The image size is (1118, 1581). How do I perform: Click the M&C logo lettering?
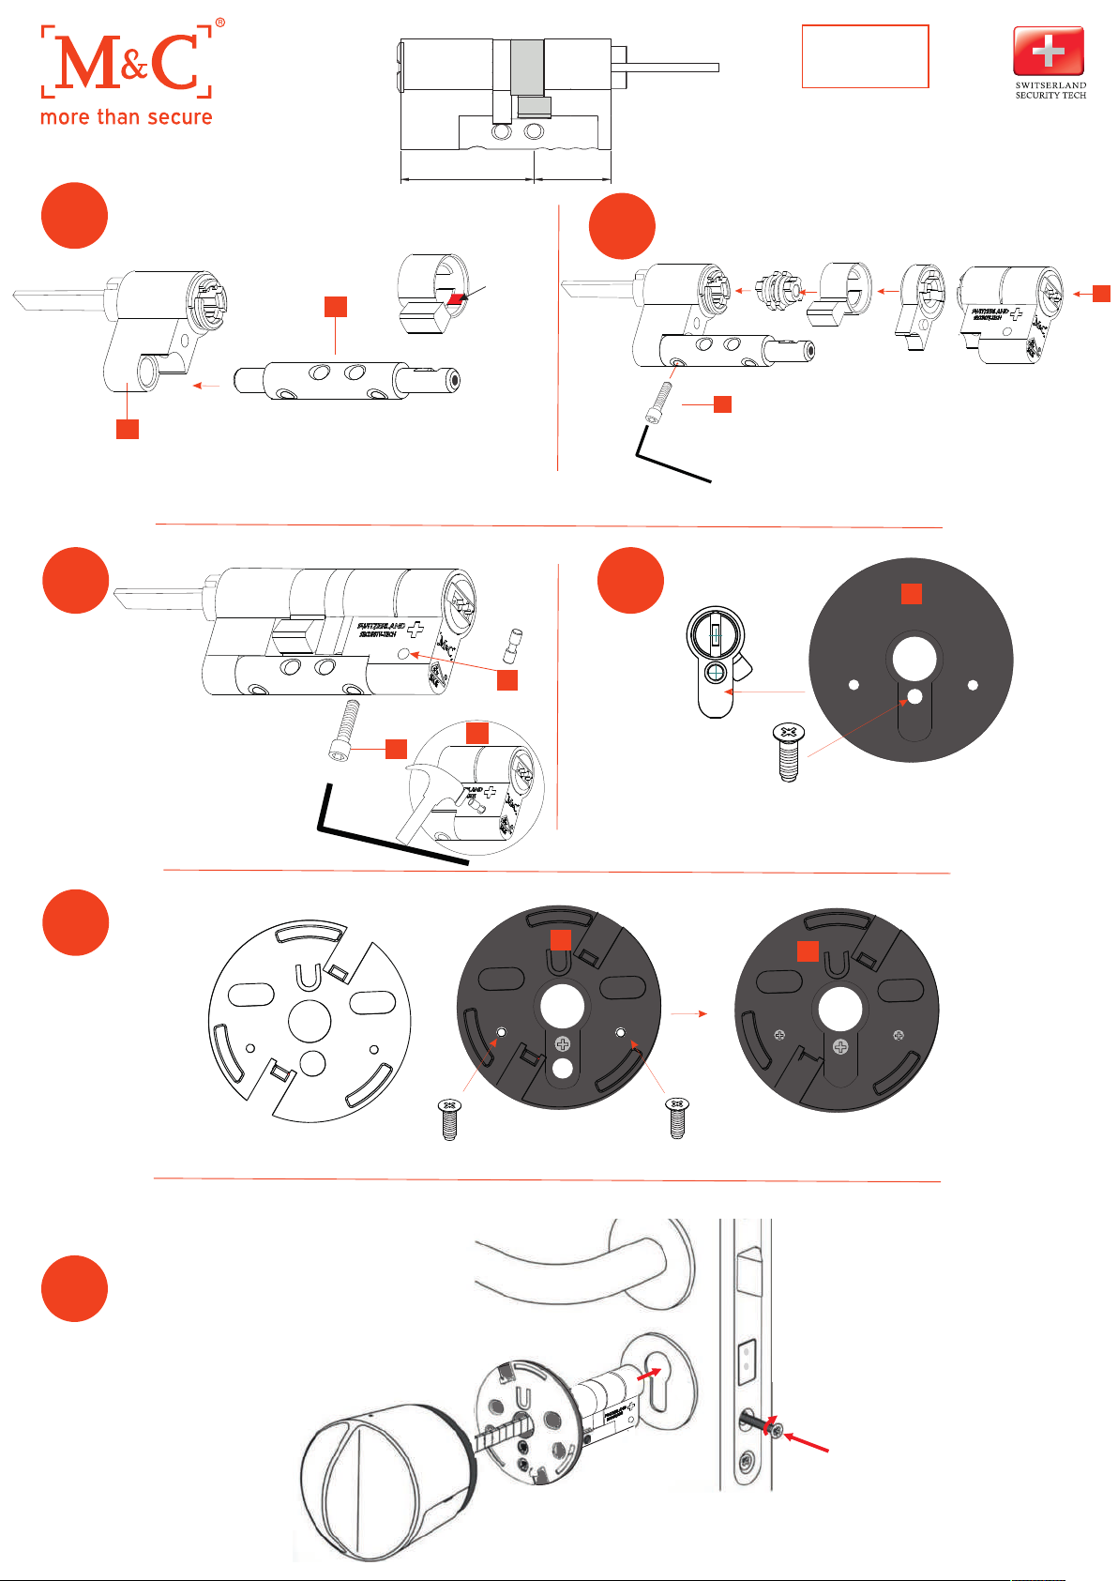(127, 62)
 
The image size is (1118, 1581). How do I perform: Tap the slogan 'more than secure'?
(127, 117)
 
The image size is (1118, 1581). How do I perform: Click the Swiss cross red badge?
(1049, 51)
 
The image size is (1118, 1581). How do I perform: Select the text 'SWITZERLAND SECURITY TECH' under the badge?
(1050, 90)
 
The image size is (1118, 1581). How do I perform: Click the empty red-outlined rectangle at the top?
(865, 56)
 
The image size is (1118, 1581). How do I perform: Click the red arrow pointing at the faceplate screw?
(807, 1443)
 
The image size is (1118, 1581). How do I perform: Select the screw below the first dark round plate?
(789, 751)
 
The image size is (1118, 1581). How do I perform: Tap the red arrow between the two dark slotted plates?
(689, 1013)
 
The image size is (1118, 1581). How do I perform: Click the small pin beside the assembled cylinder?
(514, 645)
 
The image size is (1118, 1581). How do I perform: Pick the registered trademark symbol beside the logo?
(220, 22)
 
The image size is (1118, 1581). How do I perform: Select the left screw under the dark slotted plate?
(450, 1118)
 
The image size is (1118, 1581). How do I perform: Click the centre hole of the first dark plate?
(914, 658)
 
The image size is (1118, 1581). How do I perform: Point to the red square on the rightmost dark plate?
(808, 950)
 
